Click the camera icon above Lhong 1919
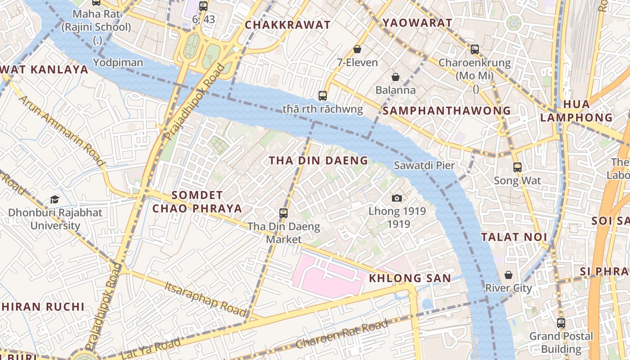click(396, 198)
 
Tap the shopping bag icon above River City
click(508, 274)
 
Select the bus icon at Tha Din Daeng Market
click(283, 213)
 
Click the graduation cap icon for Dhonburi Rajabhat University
click(54, 199)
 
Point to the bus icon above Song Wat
click(517, 167)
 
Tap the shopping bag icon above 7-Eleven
click(357, 49)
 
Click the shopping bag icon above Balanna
click(396, 77)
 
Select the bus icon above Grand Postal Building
click(561, 323)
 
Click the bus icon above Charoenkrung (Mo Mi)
click(475, 49)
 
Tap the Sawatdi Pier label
click(424, 165)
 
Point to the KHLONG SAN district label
click(409, 279)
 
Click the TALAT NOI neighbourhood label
click(514, 237)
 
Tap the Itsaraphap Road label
click(205, 298)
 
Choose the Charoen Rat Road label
click(342, 334)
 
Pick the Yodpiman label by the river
click(118, 63)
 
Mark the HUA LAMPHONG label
click(576, 111)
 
